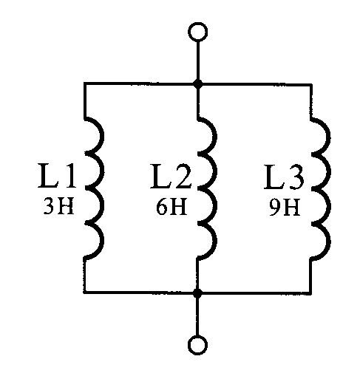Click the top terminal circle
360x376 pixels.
tap(197, 32)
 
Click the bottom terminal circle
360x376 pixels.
tap(197, 345)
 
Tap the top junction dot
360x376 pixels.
tap(197, 83)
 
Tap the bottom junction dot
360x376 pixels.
tap(197, 293)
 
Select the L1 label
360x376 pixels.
tap(57, 176)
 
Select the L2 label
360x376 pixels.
tap(171, 177)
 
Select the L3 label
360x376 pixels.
tap(284, 177)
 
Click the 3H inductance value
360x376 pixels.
tap(58, 206)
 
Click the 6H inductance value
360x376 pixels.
tap(171, 207)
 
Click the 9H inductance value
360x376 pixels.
tap(285, 208)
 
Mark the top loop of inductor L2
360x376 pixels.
tap(216, 135)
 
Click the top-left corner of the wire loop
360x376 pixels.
tap(84, 83)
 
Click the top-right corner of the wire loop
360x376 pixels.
tap(311, 85)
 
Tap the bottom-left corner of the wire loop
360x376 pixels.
tap(84, 293)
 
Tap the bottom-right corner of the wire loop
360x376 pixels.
tap(310, 293)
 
